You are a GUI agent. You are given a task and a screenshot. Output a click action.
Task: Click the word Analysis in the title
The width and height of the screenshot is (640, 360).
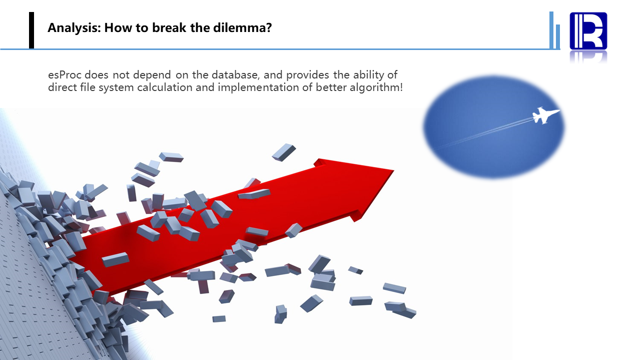click(74, 28)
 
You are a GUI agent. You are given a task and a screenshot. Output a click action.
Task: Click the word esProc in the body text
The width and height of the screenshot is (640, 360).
click(65, 75)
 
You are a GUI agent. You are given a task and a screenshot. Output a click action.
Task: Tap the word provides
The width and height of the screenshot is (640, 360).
click(308, 75)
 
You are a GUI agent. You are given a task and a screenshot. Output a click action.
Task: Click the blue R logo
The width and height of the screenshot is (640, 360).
click(588, 31)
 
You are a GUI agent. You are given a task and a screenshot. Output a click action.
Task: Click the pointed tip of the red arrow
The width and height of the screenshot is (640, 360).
click(394, 170)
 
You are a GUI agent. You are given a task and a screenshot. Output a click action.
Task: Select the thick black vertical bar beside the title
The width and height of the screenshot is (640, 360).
click(32, 30)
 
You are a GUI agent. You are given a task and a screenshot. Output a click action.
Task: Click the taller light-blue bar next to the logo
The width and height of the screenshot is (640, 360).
click(551, 30)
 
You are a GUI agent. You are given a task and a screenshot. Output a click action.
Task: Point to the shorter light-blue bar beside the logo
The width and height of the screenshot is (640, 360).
click(558, 37)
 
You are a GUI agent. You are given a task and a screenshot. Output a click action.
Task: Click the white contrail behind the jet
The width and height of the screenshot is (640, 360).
click(483, 133)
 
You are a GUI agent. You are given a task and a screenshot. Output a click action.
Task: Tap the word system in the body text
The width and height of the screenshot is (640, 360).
click(116, 87)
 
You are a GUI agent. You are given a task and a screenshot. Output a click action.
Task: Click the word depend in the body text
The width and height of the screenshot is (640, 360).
click(152, 75)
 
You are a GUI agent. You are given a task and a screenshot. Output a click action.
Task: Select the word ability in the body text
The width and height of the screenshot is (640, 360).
click(369, 75)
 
